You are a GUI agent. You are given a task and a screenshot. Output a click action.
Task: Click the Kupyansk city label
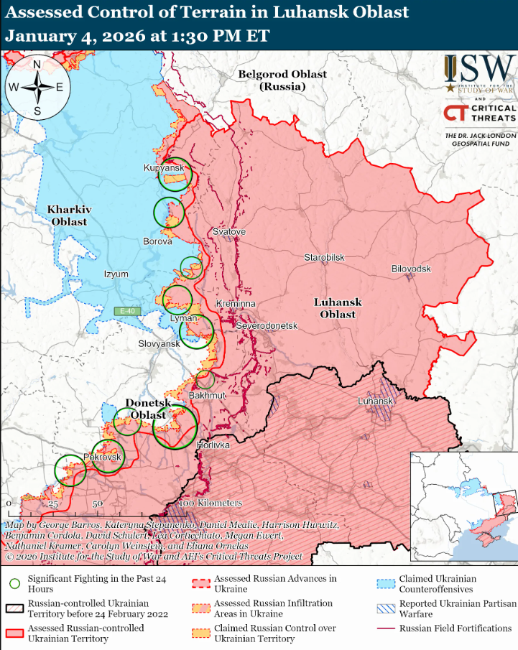[x=164, y=167]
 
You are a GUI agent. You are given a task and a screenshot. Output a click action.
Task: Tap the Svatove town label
[x=229, y=232]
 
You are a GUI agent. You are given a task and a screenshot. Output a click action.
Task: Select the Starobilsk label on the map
[x=324, y=257]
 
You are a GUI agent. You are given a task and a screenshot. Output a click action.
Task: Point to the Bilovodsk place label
[x=411, y=269]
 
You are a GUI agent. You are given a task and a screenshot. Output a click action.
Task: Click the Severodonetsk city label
[x=267, y=325]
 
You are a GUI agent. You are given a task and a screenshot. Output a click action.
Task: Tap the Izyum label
[x=116, y=274]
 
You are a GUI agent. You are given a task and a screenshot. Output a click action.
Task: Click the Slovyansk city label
[x=159, y=344]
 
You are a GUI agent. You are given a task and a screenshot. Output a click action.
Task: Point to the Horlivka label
[x=213, y=445]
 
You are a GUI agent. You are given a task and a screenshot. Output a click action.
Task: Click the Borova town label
[x=157, y=241]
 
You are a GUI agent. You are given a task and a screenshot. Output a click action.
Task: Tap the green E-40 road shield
[x=127, y=311]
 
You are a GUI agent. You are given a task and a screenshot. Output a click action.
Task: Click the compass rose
[x=36, y=88]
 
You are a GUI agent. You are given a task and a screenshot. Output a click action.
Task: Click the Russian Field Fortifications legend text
[x=455, y=628]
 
